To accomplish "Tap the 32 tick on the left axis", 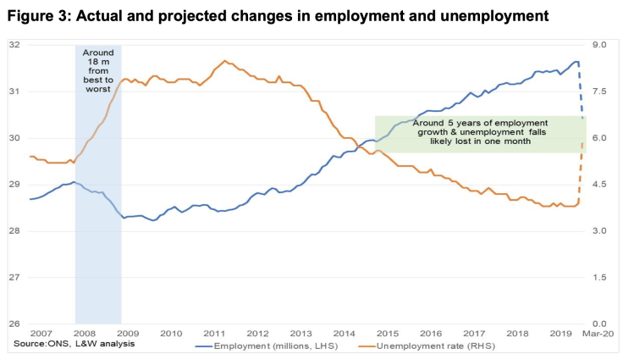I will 14,45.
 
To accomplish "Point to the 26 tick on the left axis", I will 14,324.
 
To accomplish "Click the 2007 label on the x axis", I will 40,334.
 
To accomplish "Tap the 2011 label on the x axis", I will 215,334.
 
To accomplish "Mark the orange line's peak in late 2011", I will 224,61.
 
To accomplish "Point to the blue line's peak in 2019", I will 576,61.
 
